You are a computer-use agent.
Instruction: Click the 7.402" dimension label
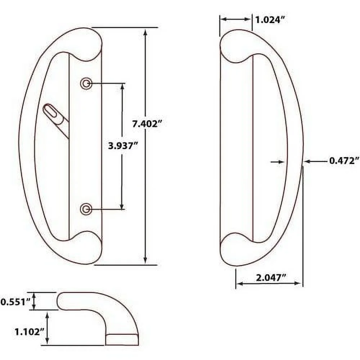[145, 124]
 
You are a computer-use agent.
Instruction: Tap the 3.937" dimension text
[123, 146]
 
